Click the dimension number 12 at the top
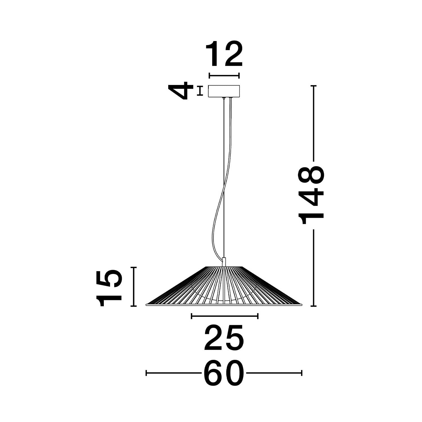tap(224, 55)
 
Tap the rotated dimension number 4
tap(180, 91)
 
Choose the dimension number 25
tap(224, 338)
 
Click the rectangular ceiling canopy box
tap(224, 91)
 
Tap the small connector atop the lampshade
tap(224, 262)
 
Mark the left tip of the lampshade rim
tap(147, 304)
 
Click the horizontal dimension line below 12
tap(224, 76)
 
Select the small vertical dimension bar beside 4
tap(200, 91)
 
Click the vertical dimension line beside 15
tap(134, 286)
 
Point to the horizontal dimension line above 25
tap(225, 316)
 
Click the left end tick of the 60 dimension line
tap(146, 373)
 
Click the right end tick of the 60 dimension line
tap(302, 373)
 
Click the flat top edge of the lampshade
tap(224, 266)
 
